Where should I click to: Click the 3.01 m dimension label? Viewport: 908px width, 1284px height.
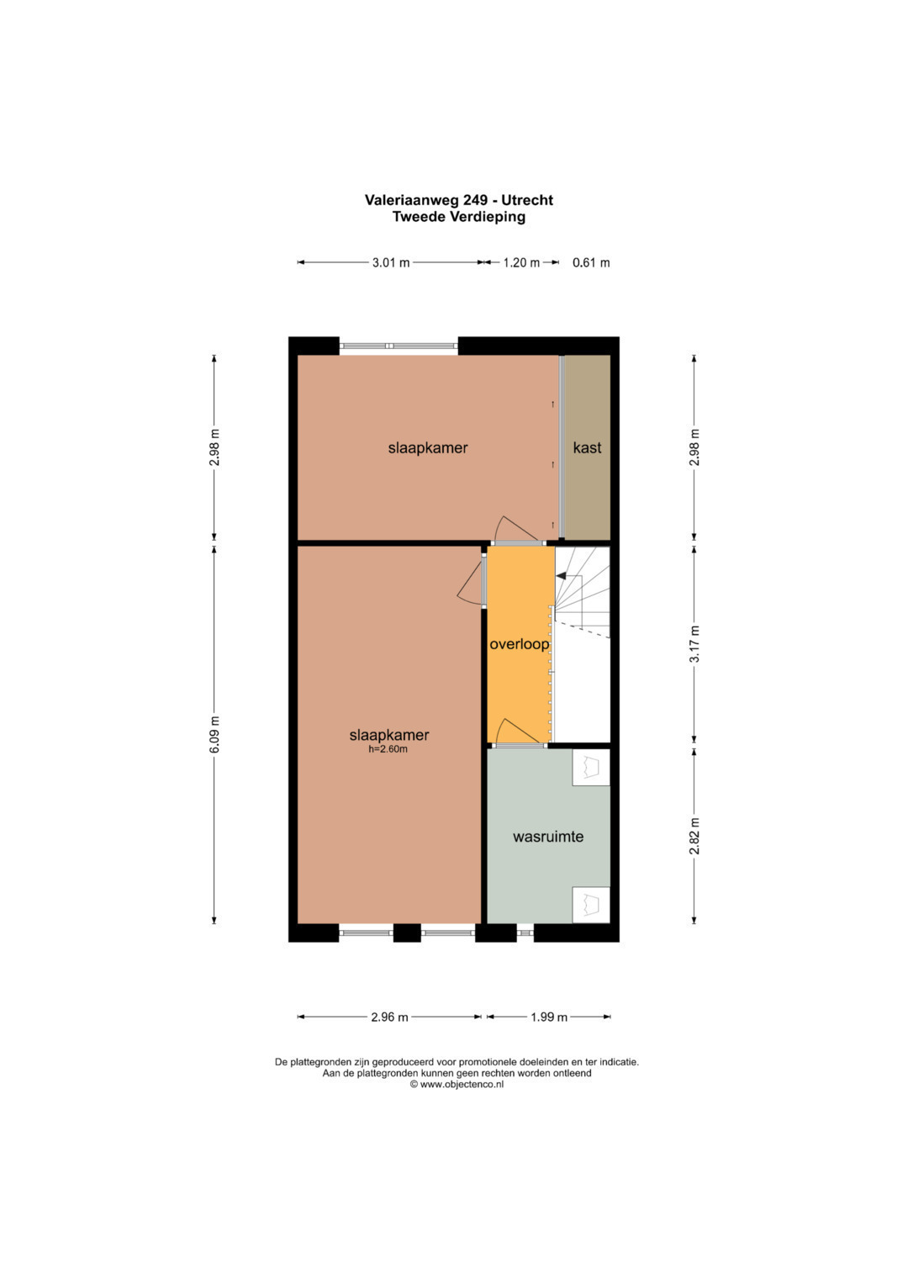pos(391,263)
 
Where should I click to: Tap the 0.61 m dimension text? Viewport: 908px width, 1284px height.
pos(591,263)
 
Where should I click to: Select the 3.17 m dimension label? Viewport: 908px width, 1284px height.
pos(694,644)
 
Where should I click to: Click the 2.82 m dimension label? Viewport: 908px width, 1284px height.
pos(694,837)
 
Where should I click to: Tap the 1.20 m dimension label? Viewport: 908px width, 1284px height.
pos(521,263)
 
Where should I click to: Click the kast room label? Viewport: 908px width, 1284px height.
pos(587,447)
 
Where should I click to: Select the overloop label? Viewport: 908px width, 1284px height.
pos(520,644)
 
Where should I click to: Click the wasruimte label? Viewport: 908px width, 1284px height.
pos(548,837)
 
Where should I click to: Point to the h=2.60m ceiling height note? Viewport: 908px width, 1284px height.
pos(388,749)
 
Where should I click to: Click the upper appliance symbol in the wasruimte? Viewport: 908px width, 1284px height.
pos(590,768)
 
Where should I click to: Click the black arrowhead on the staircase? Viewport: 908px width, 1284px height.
pos(562,575)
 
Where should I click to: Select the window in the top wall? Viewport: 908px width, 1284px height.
pos(399,346)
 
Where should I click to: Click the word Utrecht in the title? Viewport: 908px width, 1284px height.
pos(527,200)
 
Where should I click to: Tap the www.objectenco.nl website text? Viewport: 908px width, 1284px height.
pos(462,1084)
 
